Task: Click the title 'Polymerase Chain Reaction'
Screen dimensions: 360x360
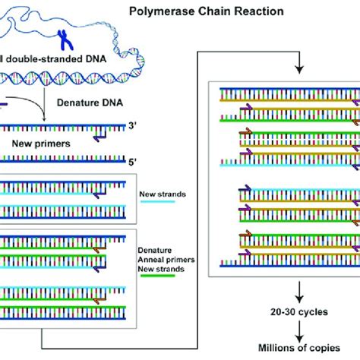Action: (207, 11)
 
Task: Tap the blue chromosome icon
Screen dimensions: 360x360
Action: (65, 40)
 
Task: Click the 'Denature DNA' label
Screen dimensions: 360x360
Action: (90, 103)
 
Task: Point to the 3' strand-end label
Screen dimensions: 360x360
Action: (132, 125)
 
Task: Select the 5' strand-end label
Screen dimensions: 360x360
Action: (132, 162)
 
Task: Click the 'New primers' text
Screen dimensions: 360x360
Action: (41, 144)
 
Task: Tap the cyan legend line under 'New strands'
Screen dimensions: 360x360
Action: (158, 202)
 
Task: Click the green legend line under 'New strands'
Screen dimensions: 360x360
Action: (158, 276)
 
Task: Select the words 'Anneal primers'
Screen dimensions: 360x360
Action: (166, 260)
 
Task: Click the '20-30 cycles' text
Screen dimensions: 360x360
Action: (299, 312)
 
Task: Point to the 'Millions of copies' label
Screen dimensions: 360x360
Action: (299, 348)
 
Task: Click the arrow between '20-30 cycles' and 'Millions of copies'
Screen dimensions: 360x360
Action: (299, 332)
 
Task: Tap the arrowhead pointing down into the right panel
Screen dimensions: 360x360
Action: (300, 69)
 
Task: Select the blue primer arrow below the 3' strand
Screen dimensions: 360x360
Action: (99, 138)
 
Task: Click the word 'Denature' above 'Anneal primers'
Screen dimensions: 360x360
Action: (155, 251)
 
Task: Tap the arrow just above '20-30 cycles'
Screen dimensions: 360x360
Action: (299, 292)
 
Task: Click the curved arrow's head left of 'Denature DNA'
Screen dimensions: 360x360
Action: (44, 118)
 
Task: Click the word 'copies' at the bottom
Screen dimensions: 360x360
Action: (322, 349)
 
